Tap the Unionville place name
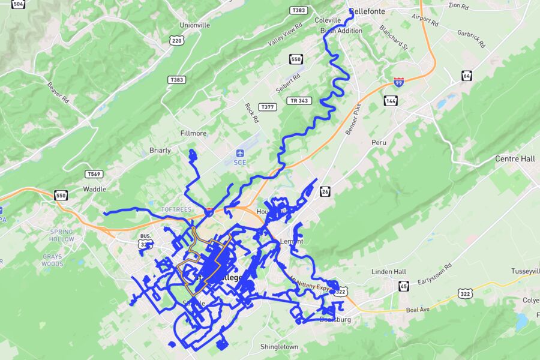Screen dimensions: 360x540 [195, 25]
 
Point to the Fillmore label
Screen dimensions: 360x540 [193, 133]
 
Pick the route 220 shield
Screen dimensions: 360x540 [176, 41]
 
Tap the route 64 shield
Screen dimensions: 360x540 [467, 76]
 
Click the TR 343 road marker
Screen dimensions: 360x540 [298, 100]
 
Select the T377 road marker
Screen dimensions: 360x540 [268, 107]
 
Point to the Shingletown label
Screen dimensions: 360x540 [279, 347]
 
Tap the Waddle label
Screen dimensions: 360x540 [94, 188]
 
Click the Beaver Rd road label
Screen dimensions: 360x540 [59, 94]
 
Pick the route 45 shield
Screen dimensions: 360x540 [404, 286]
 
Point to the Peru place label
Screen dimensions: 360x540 [379, 143]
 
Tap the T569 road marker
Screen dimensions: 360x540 [93, 174]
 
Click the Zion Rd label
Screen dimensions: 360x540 [458, 5]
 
